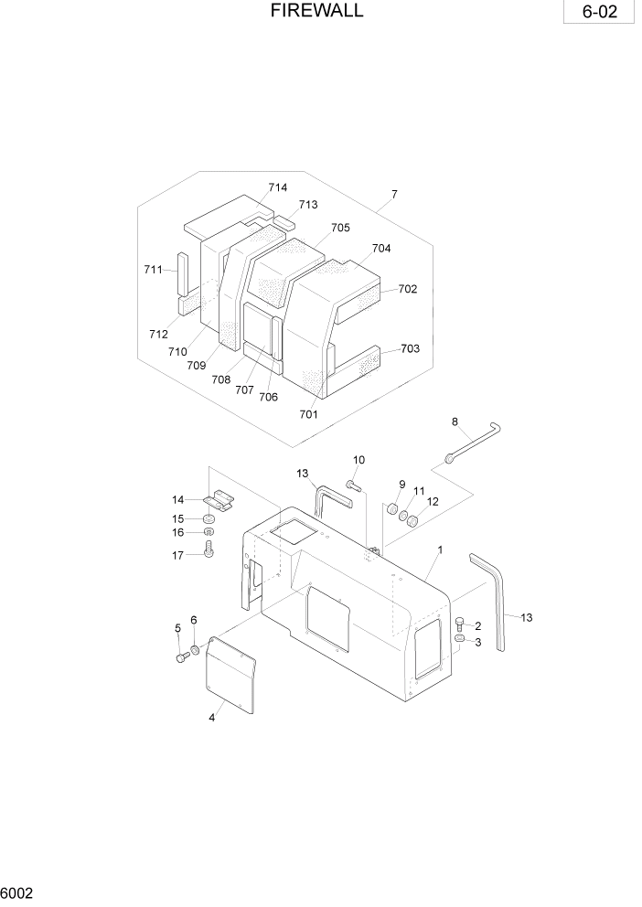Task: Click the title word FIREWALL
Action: (317, 11)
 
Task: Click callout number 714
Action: (278, 187)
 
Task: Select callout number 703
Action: (410, 349)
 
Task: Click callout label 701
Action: (308, 414)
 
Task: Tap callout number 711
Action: (153, 270)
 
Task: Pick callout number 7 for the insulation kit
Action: (394, 195)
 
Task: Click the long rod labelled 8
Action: (476, 442)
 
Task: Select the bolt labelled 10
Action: (353, 484)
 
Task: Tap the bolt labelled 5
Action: (181, 656)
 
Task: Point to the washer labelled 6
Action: (195, 650)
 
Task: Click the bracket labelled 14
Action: (220, 500)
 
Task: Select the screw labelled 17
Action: (209, 550)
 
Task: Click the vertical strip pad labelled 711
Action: (182, 272)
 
